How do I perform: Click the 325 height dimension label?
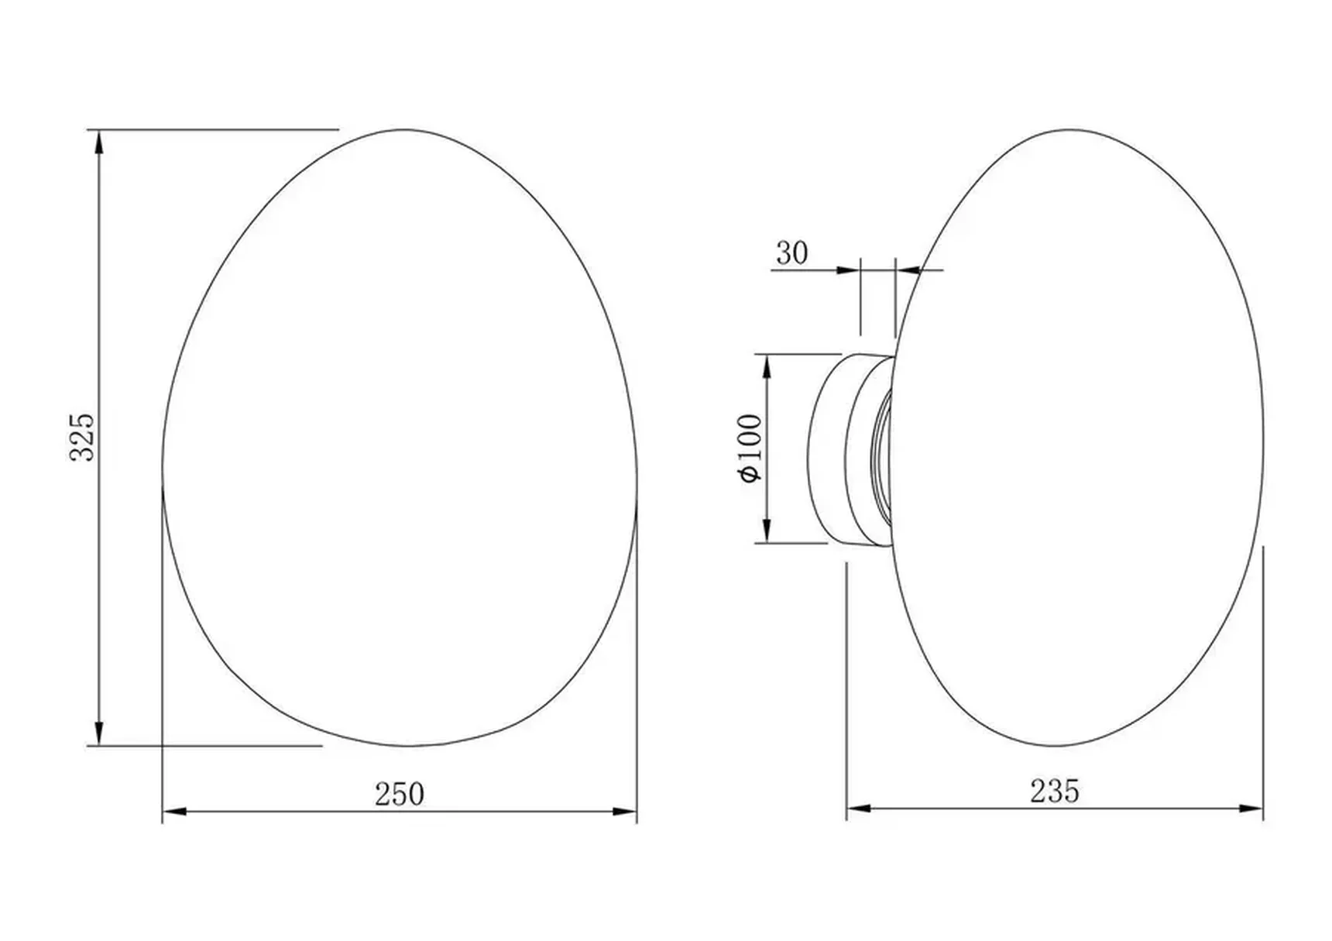[x=82, y=438]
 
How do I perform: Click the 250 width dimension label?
[x=400, y=795]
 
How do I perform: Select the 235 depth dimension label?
[x=1054, y=792]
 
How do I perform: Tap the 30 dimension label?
[x=791, y=253]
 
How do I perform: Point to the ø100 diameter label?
[x=751, y=448]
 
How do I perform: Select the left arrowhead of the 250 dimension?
[x=175, y=812]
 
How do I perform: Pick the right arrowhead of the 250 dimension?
[x=624, y=812]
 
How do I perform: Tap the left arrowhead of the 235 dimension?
[x=860, y=809]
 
